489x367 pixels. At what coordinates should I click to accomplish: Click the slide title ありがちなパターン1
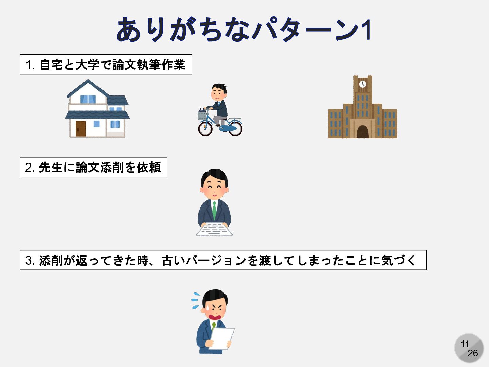coord(244,30)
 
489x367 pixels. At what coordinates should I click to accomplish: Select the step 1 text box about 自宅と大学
coord(106,65)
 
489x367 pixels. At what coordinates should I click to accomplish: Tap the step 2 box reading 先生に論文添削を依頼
coord(93,167)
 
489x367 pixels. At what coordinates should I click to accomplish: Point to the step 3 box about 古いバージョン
coord(223,260)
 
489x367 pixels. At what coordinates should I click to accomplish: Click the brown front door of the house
coord(80,129)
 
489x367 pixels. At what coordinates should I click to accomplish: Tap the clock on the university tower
coord(363,84)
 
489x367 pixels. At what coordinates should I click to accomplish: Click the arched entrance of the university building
coord(363,132)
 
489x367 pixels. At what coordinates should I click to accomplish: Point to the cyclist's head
coord(218,91)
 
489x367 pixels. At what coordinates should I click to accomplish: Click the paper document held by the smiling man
coord(214,229)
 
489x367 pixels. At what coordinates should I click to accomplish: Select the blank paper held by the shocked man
coord(222,338)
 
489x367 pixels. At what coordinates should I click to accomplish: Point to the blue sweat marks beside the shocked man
coord(196,300)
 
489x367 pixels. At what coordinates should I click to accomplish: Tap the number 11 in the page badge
coord(465,344)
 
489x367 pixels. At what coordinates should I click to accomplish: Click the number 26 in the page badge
coord(472,353)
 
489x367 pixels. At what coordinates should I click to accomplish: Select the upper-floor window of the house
coord(88,99)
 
